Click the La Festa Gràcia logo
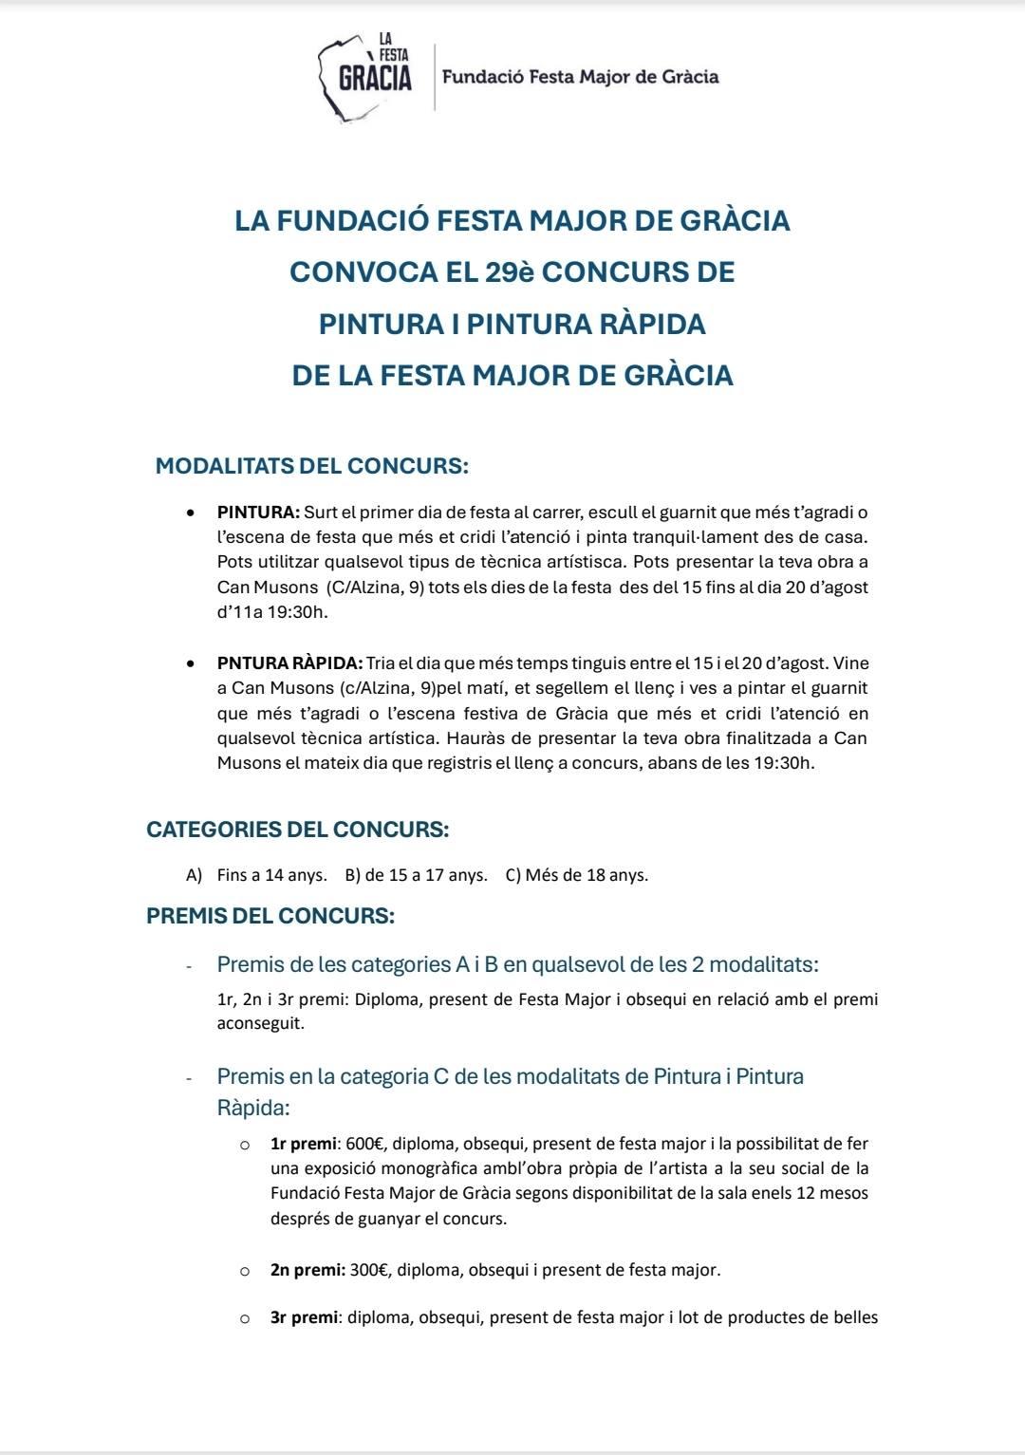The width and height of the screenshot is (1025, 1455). (x=366, y=76)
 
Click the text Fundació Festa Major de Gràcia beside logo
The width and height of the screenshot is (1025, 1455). (x=580, y=77)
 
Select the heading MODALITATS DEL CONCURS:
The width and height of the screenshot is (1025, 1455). (x=312, y=467)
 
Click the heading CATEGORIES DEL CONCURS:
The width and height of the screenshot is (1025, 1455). (x=297, y=830)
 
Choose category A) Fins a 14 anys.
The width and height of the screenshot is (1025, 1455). (x=257, y=875)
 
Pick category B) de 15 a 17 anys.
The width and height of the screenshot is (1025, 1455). (x=416, y=875)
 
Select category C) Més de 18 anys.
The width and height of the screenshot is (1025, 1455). (x=577, y=875)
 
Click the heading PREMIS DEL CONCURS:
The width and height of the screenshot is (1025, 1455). (x=270, y=916)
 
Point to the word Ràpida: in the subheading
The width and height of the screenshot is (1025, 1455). (x=253, y=1108)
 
